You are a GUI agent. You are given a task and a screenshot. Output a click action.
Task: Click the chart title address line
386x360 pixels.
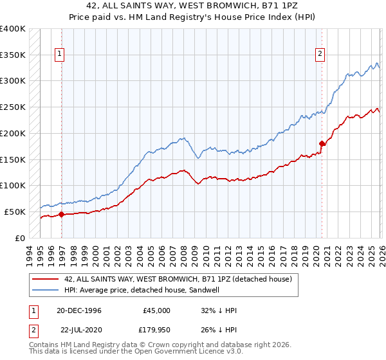click(x=192, y=7)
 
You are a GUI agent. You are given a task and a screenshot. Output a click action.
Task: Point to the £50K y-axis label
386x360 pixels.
click(x=15, y=212)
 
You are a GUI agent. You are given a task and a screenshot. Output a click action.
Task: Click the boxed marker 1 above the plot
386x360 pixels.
click(x=59, y=55)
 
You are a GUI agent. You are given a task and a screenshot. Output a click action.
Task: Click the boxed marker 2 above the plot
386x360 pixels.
click(x=320, y=55)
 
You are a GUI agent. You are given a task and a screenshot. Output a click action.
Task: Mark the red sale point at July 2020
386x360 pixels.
click(x=322, y=143)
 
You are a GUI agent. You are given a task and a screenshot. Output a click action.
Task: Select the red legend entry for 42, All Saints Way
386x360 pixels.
click(x=178, y=279)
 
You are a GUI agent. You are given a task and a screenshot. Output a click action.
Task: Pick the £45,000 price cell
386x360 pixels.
click(x=156, y=310)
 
